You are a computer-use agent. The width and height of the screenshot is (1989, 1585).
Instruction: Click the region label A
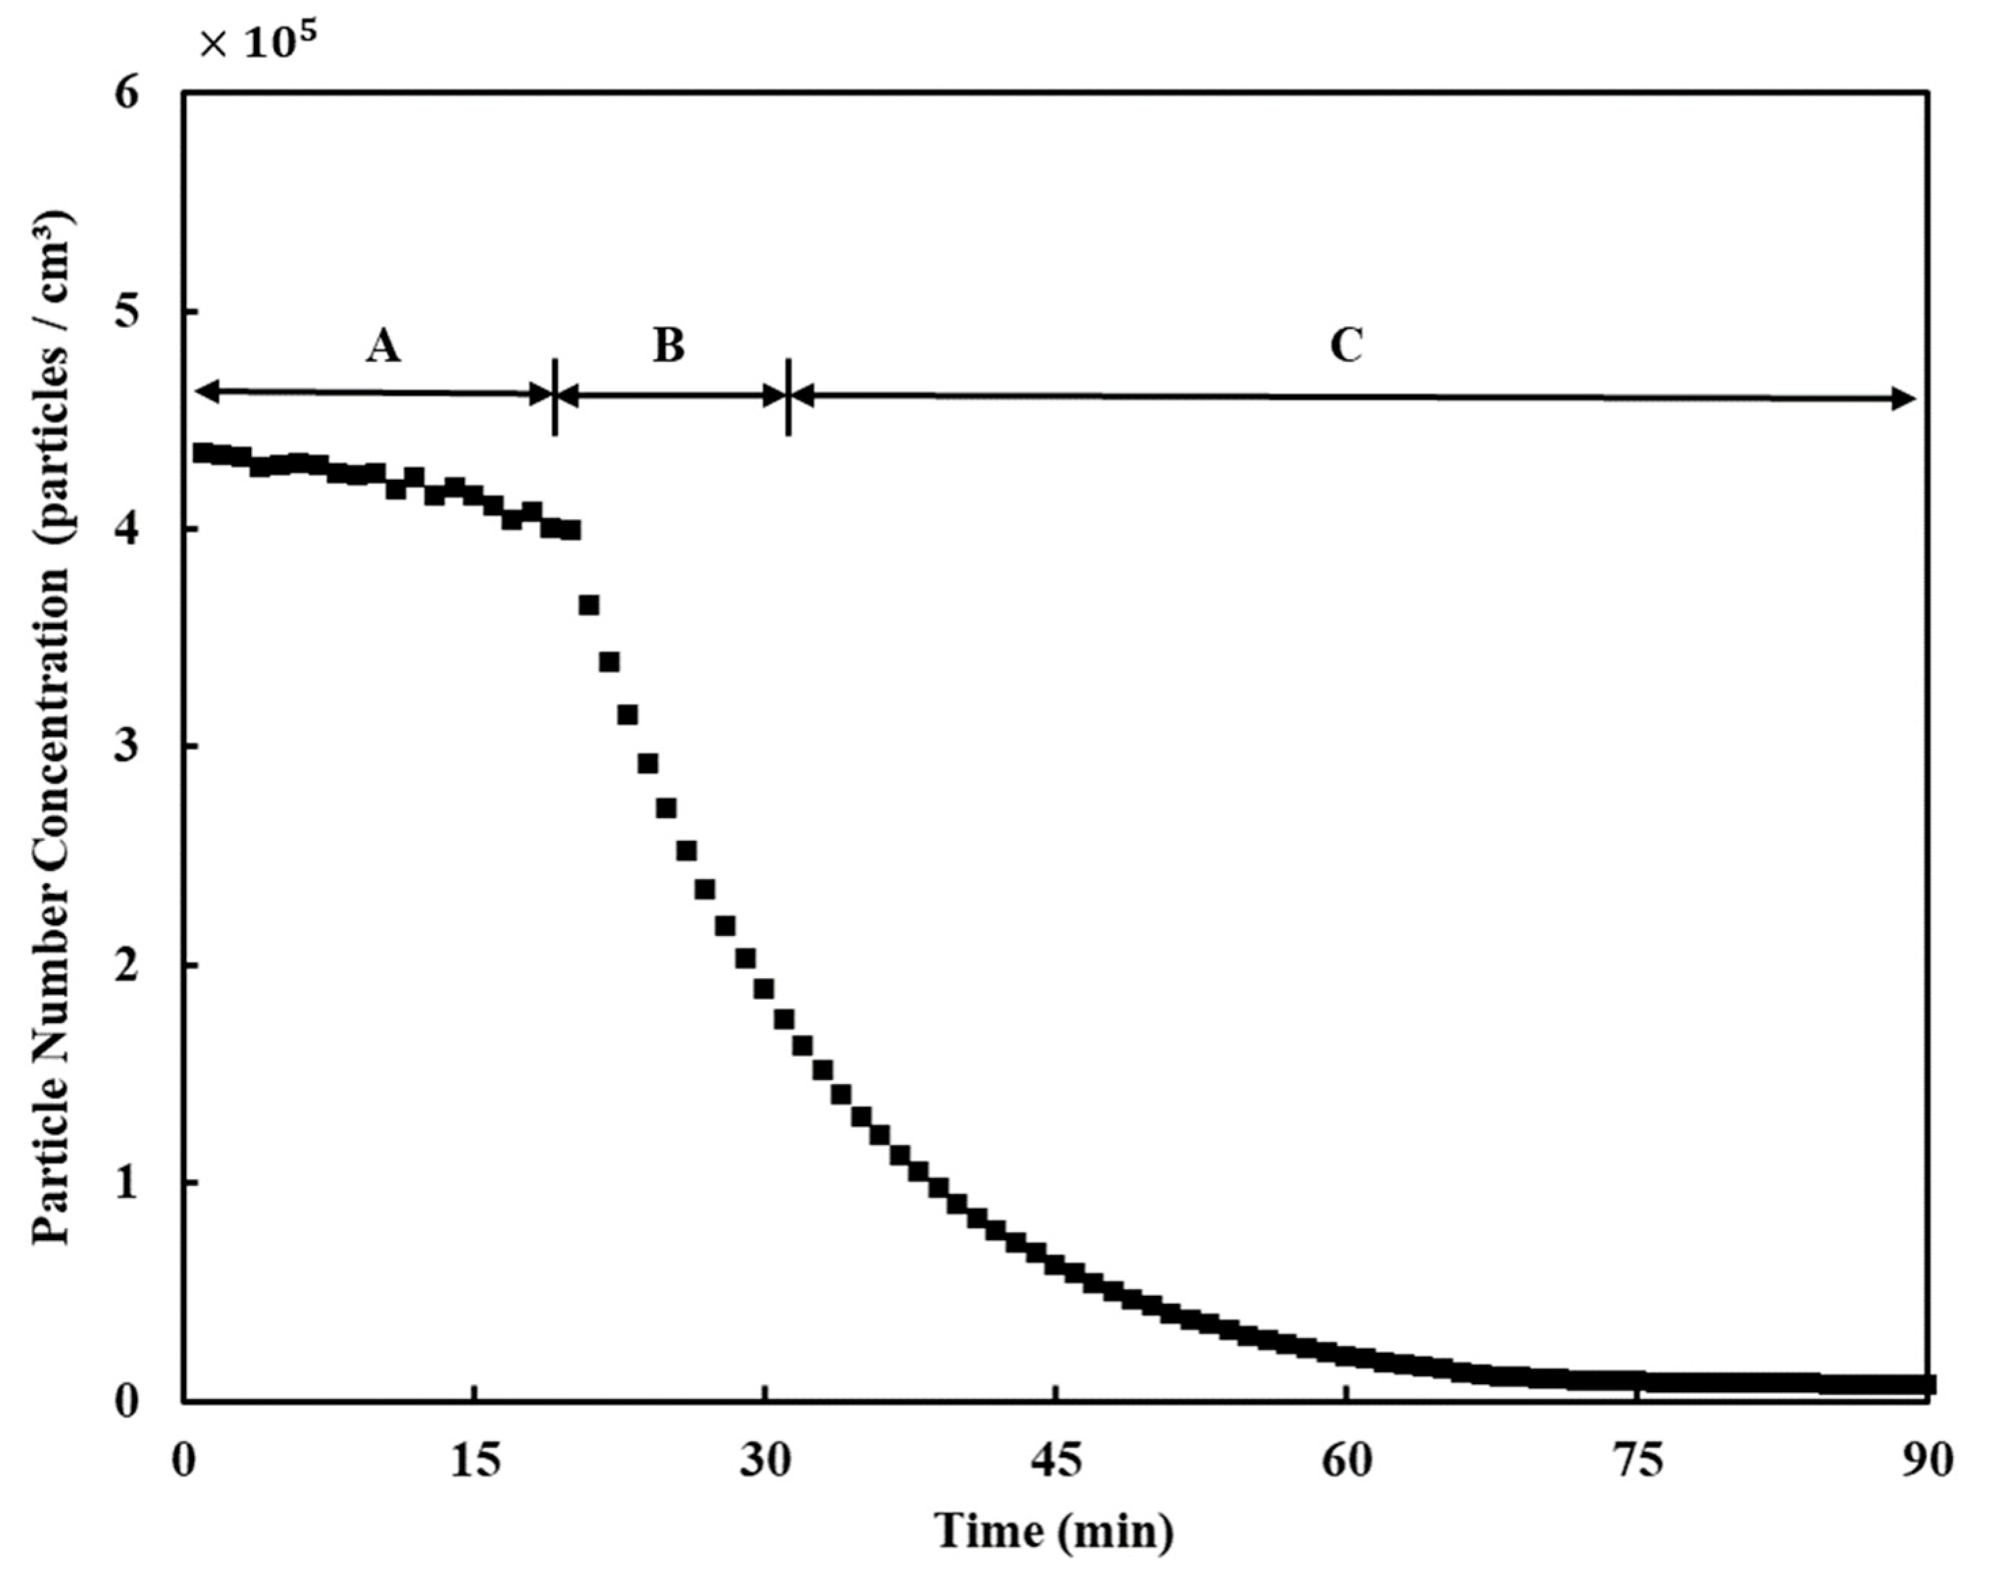[383, 346]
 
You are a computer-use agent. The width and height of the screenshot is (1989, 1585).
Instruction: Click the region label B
[669, 346]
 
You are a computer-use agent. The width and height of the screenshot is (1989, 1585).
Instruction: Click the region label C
[1346, 346]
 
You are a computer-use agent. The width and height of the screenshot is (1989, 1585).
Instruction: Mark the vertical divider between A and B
[555, 396]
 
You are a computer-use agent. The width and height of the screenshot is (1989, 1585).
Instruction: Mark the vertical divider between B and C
[788, 396]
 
